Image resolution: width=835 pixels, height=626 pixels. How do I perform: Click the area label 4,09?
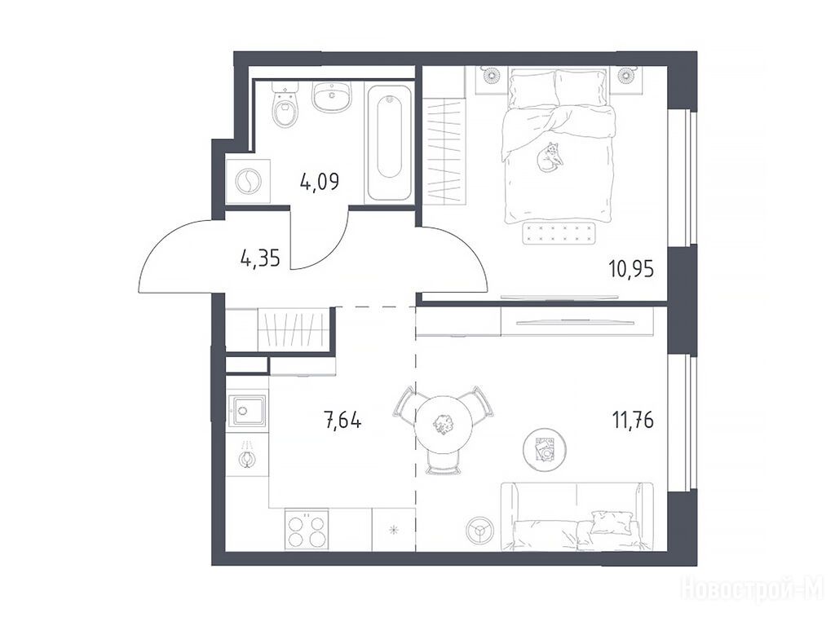tap(320, 182)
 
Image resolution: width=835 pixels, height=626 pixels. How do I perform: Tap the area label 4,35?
tap(260, 260)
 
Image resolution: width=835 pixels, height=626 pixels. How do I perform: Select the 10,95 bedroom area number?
tap(632, 269)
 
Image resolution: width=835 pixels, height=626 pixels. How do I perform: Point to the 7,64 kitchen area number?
tap(342, 421)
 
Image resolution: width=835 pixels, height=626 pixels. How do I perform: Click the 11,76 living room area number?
tap(633, 421)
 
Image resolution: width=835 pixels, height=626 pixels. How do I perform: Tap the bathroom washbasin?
tap(331, 97)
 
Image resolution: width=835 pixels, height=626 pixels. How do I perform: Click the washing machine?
tap(248, 181)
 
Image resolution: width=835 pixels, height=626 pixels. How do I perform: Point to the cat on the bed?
tap(549, 157)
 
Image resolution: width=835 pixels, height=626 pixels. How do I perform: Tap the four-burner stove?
tap(307, 529)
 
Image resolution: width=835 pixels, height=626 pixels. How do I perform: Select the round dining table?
tap(444, 424)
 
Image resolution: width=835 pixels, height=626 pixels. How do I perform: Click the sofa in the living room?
tap(577, 516)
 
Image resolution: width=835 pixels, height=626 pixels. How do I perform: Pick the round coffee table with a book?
tap(544, 450)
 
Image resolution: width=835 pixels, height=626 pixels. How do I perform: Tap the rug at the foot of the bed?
tap(558, 233)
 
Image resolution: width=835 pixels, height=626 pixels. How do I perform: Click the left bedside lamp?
tap(492, 75)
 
